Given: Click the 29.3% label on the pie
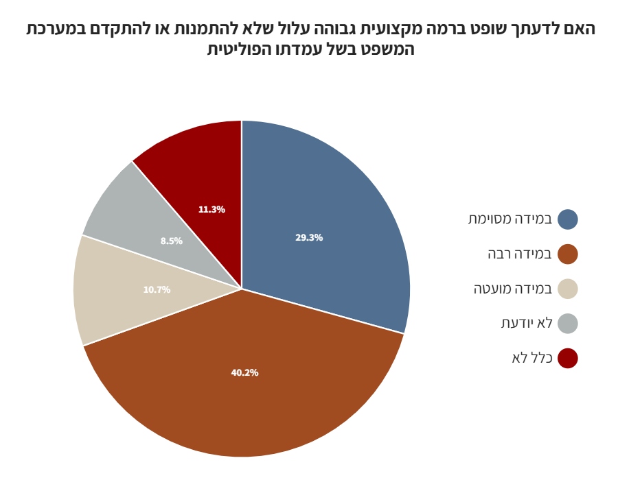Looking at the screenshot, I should [309, 238].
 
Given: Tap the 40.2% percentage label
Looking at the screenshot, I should [244, 373].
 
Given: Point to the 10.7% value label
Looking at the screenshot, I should [157, 290].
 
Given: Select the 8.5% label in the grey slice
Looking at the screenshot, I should [172, 241].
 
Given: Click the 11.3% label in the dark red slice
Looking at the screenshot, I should [211, 210].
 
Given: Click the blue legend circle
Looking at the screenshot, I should [568, 219].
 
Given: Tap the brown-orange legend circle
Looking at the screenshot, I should [568, 254].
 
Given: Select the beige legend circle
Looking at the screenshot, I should [568, 289].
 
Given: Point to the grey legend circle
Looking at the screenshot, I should [568, 324].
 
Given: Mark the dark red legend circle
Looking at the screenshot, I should [568, 358].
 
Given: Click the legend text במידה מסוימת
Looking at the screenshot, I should [510, 219].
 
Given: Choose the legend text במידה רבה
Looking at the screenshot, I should [520, 254].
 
